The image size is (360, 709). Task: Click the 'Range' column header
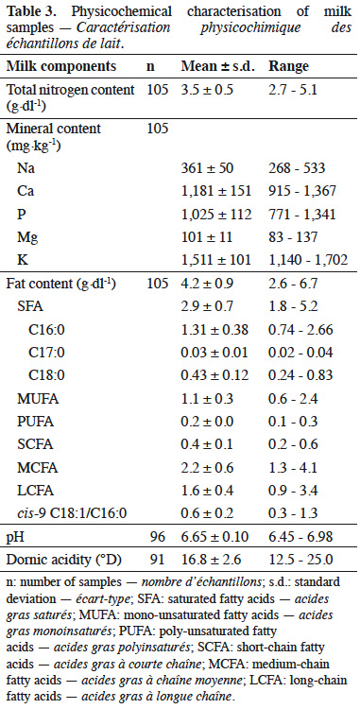coord(288,66)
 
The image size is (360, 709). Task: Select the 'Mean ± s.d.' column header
coord(218,66)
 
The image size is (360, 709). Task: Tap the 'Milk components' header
coord(61,66)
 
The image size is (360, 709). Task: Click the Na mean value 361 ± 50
coord(207,168)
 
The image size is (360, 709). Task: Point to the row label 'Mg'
coord(26,237)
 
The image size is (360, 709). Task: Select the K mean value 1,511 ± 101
coord(216,260)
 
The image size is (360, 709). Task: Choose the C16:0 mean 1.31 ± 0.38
coord(214,330)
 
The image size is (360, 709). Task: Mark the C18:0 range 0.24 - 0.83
coord(300,375)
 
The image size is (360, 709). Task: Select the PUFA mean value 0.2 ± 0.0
coord(207,422)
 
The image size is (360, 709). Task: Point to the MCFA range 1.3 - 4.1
coord(294,468)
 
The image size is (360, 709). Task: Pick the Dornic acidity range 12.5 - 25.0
coord(300,560)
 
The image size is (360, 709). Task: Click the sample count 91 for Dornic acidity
coord(158,560)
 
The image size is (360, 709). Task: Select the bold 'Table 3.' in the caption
coord(29,11)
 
